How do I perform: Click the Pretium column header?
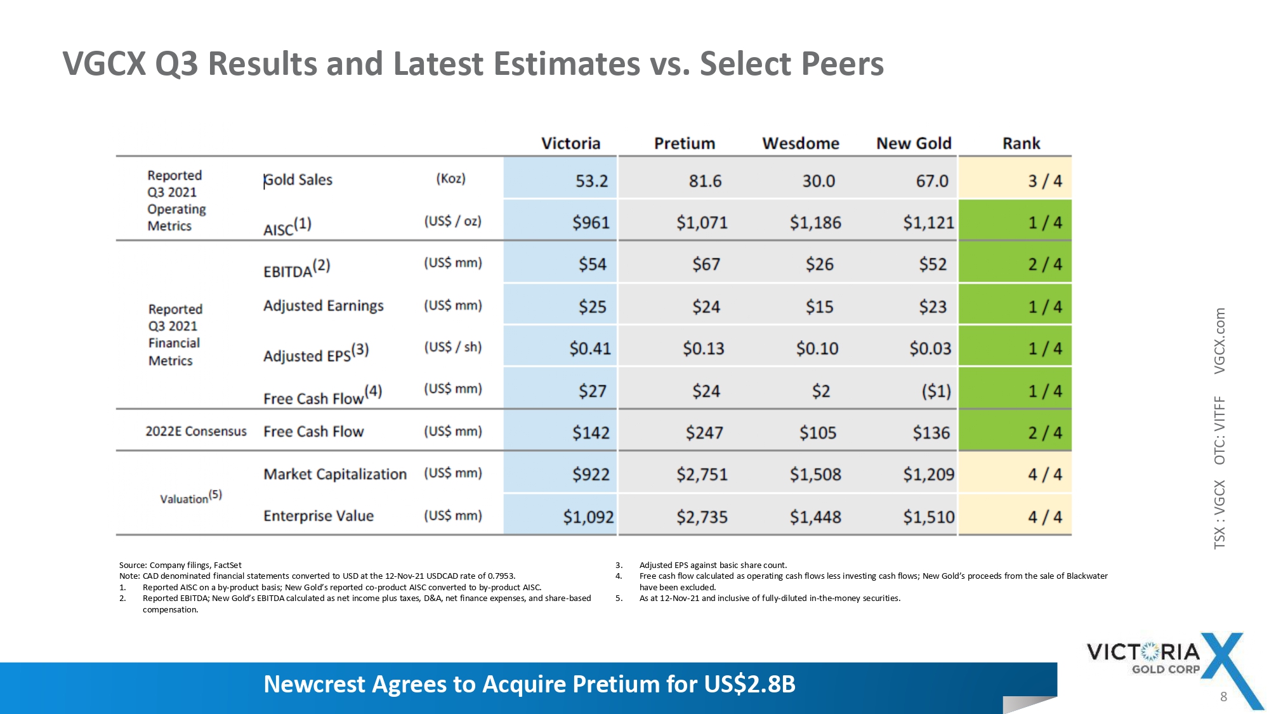click(x=685, y=143)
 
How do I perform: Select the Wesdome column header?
click(x=801, y=143)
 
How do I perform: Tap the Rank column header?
click(x=1021, y=143)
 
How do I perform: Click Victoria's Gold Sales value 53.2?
click(x=591, y=181)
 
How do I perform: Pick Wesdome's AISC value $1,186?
click(x=815, y=223)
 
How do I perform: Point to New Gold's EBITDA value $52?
click(x=933, y=264)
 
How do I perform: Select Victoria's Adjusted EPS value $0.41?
click(x=590, y=348)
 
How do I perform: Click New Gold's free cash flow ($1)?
click(x=936, y=391)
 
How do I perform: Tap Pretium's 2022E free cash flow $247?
click(x=704, y=433)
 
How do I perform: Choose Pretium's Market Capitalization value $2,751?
click(x=702, y=474)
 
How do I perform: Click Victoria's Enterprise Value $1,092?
click(x=588, y=517)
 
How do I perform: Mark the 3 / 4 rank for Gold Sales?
click(x=1044, y=181)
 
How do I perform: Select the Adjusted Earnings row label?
click(x=324, y=306)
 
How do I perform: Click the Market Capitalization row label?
click(x=335, y=474)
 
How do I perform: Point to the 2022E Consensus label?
click(x=196, y=432)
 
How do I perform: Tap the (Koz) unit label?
click(x=450, y=179)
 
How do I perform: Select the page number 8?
click(x=1223, y=697)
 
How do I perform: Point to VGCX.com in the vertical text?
click(x=1220, y=341)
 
